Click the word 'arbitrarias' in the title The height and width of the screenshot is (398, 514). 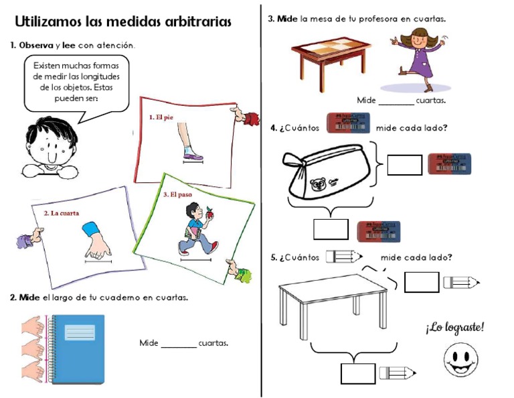point(197,22)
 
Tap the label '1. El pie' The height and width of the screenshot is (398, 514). point(161,117)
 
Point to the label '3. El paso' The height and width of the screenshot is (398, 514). point(179,194)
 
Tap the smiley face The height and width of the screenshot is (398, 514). point(460,359)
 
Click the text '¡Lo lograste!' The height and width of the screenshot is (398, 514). point(454,328)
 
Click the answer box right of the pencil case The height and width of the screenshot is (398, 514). point(404,165)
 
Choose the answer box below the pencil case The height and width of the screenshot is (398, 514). point(331,230)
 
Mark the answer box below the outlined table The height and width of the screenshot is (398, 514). point(357,373)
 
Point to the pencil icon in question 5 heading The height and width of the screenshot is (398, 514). point(343,257)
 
